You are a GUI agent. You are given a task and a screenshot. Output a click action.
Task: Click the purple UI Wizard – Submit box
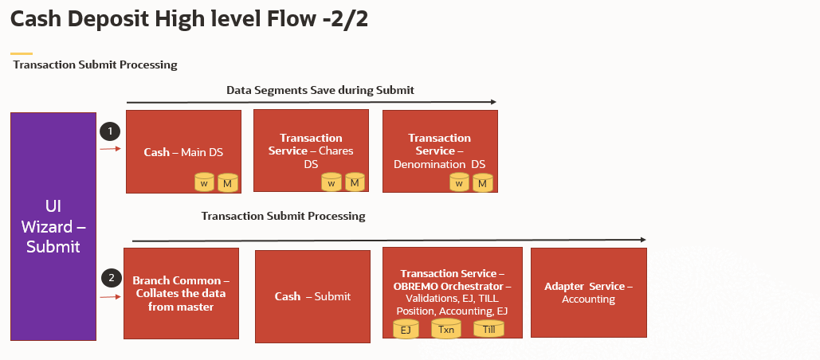53,227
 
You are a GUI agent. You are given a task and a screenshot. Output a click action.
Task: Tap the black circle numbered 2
111,278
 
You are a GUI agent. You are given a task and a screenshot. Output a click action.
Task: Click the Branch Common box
181,293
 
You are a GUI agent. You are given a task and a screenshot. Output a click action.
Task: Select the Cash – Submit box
312,296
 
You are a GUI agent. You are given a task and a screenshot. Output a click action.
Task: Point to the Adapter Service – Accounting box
588,292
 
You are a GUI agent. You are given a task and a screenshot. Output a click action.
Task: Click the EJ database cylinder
406,328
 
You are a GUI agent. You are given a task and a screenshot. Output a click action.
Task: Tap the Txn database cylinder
446,328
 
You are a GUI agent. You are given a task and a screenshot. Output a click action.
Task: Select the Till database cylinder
488,328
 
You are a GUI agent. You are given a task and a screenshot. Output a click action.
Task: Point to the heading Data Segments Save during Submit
320,90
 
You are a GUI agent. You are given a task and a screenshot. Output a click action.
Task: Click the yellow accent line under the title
22,53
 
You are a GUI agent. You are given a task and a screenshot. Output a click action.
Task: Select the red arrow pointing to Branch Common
110,297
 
